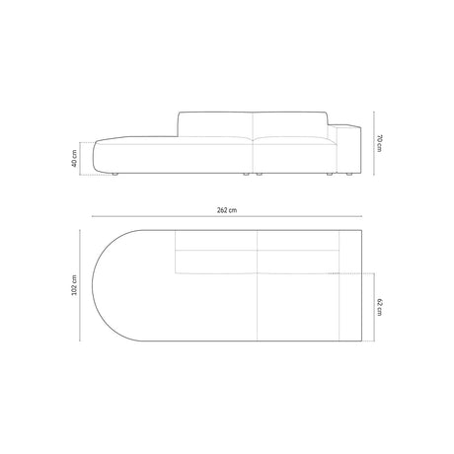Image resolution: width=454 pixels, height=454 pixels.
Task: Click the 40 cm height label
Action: tap(75, 160)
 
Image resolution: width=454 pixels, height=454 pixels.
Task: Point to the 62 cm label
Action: tap(380, 307)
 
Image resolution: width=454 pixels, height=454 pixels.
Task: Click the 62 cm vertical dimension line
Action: tap(372, 307)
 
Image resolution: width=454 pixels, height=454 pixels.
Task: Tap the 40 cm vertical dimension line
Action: tap(83, 160)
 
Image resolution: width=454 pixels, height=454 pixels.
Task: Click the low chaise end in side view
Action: tap(123, 157)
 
